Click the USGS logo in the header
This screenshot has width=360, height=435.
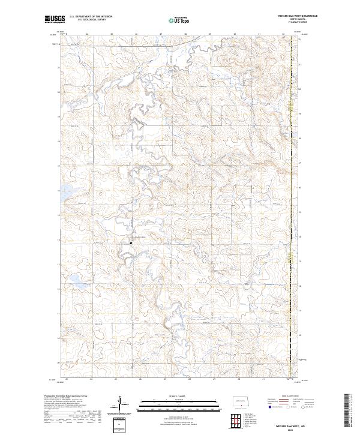click(x=55, y=20)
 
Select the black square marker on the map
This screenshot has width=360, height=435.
click(x=131, y=243)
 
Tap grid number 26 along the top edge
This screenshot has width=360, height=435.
click(x=136, y=34)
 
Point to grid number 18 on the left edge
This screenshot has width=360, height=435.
click(x=58, y=142)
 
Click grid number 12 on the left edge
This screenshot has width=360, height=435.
click(x=58, y=289)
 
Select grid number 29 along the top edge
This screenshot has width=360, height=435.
click(x=211, y=34)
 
